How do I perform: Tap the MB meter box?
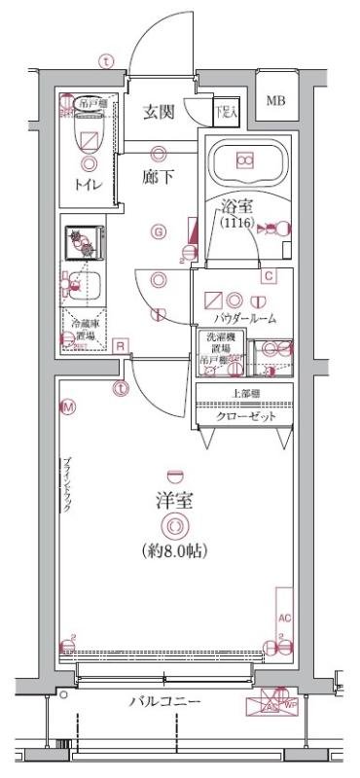point(277,100)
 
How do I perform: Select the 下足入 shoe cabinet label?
point(226,112)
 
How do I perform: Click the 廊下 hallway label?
point(158,178)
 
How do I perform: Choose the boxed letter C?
point(268,276)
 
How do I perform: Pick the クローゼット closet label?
point(245,416)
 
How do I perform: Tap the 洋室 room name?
point(173,502)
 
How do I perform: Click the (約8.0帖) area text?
point(173,549)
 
